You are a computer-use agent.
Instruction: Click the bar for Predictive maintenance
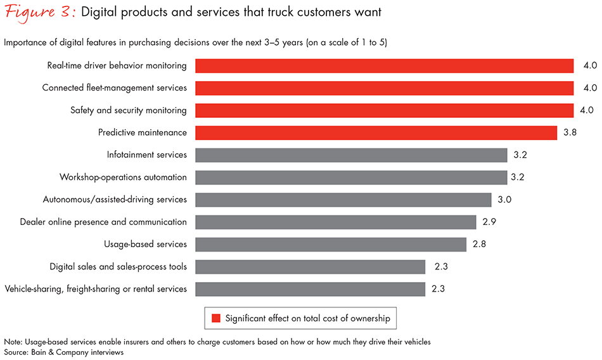(376, 132)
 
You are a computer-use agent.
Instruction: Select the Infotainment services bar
(351, 155)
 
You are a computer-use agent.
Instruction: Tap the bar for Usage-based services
(331, 244)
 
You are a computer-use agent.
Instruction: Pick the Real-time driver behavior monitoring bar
(384, 65)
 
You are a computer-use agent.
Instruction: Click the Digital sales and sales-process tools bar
(310, 267)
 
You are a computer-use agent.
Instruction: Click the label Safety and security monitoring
(129, 110)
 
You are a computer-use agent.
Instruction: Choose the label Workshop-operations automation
(123, 177)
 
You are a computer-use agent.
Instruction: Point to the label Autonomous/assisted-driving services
(115, 200)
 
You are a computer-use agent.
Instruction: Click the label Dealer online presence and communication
(103, 222)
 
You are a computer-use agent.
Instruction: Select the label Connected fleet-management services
(115, 87)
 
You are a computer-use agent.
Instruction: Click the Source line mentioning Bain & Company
(63, 352)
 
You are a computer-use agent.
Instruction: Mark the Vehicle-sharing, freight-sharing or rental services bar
(310, 289)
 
